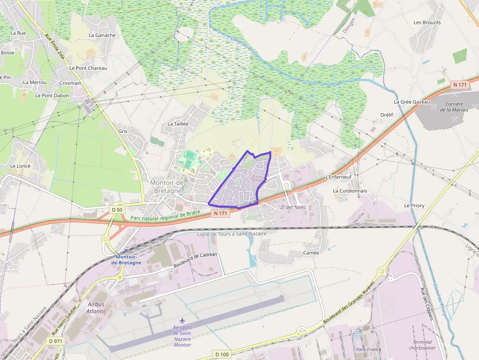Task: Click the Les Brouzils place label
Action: click(x=427, y=22)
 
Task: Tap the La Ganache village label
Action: click(x=102, y=35)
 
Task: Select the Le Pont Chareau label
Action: click(x=88, y=68)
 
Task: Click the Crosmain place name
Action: click(x=70, y=83)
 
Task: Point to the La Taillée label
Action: click(x=178, y=124)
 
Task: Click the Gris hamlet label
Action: click(x=123, y=131)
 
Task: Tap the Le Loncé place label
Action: click(x=20, y=166)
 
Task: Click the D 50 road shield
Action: click(x=117, y=210)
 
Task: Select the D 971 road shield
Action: click(x=56, y=340)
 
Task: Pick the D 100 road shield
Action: click(x=221, y=354)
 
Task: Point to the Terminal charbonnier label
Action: click(x=422, y=345)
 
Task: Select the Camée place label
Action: click(x=311, y=253)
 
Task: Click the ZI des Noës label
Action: click(x=292, y=207)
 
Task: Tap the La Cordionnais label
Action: click(x=349, y=191)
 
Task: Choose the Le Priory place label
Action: click(x=414, y=206)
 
